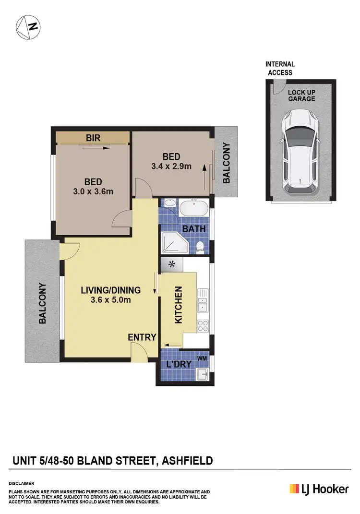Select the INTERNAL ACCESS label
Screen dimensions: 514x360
point(280,68)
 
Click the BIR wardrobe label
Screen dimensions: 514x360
point(93,138)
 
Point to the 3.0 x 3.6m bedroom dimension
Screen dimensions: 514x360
point(93,192)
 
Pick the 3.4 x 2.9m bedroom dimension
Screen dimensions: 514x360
point(171,167)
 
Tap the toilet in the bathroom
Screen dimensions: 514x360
point(200,247)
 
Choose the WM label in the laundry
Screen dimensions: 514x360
point(202,359)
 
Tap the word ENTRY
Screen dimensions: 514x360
point(142,337)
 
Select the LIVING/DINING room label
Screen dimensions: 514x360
point(110,290)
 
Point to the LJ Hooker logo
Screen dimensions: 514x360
point(318,489)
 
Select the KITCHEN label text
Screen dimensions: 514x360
point(179,305)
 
